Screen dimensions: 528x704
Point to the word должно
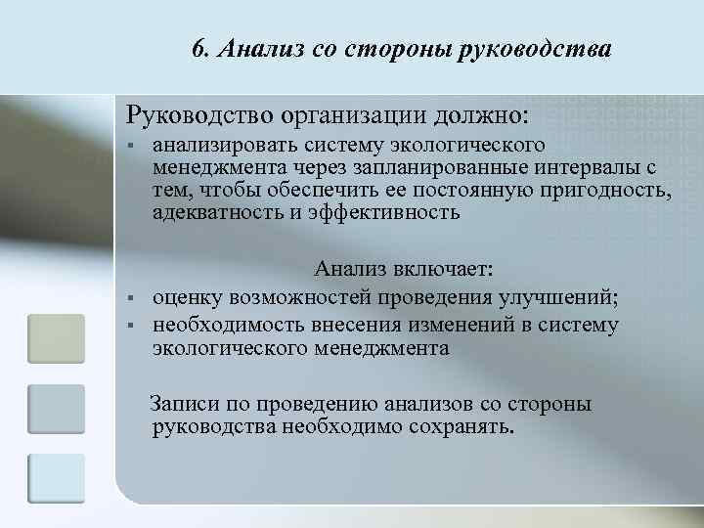tap(479, 113)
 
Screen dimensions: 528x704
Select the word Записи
tap(185, 404)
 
